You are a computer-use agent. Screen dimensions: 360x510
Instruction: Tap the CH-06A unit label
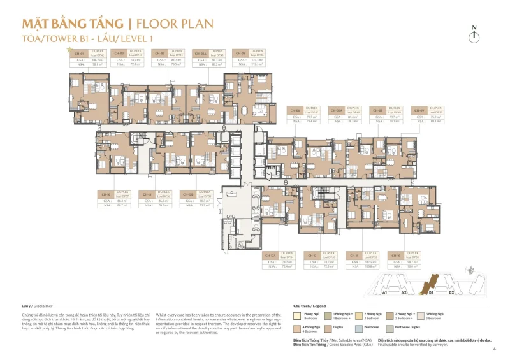(x=336, y=110)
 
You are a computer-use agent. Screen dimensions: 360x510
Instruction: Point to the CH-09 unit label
(x=419, y=110)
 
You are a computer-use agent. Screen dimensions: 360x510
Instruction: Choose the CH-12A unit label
(x=270, y=255)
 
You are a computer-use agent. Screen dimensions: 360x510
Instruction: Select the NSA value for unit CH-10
(x=411, y=266)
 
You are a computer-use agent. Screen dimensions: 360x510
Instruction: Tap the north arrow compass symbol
(x=473, y=36)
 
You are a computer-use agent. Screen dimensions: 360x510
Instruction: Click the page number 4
(x=493, y=349)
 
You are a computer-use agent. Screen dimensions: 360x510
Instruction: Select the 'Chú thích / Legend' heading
(x=309, y=305)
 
